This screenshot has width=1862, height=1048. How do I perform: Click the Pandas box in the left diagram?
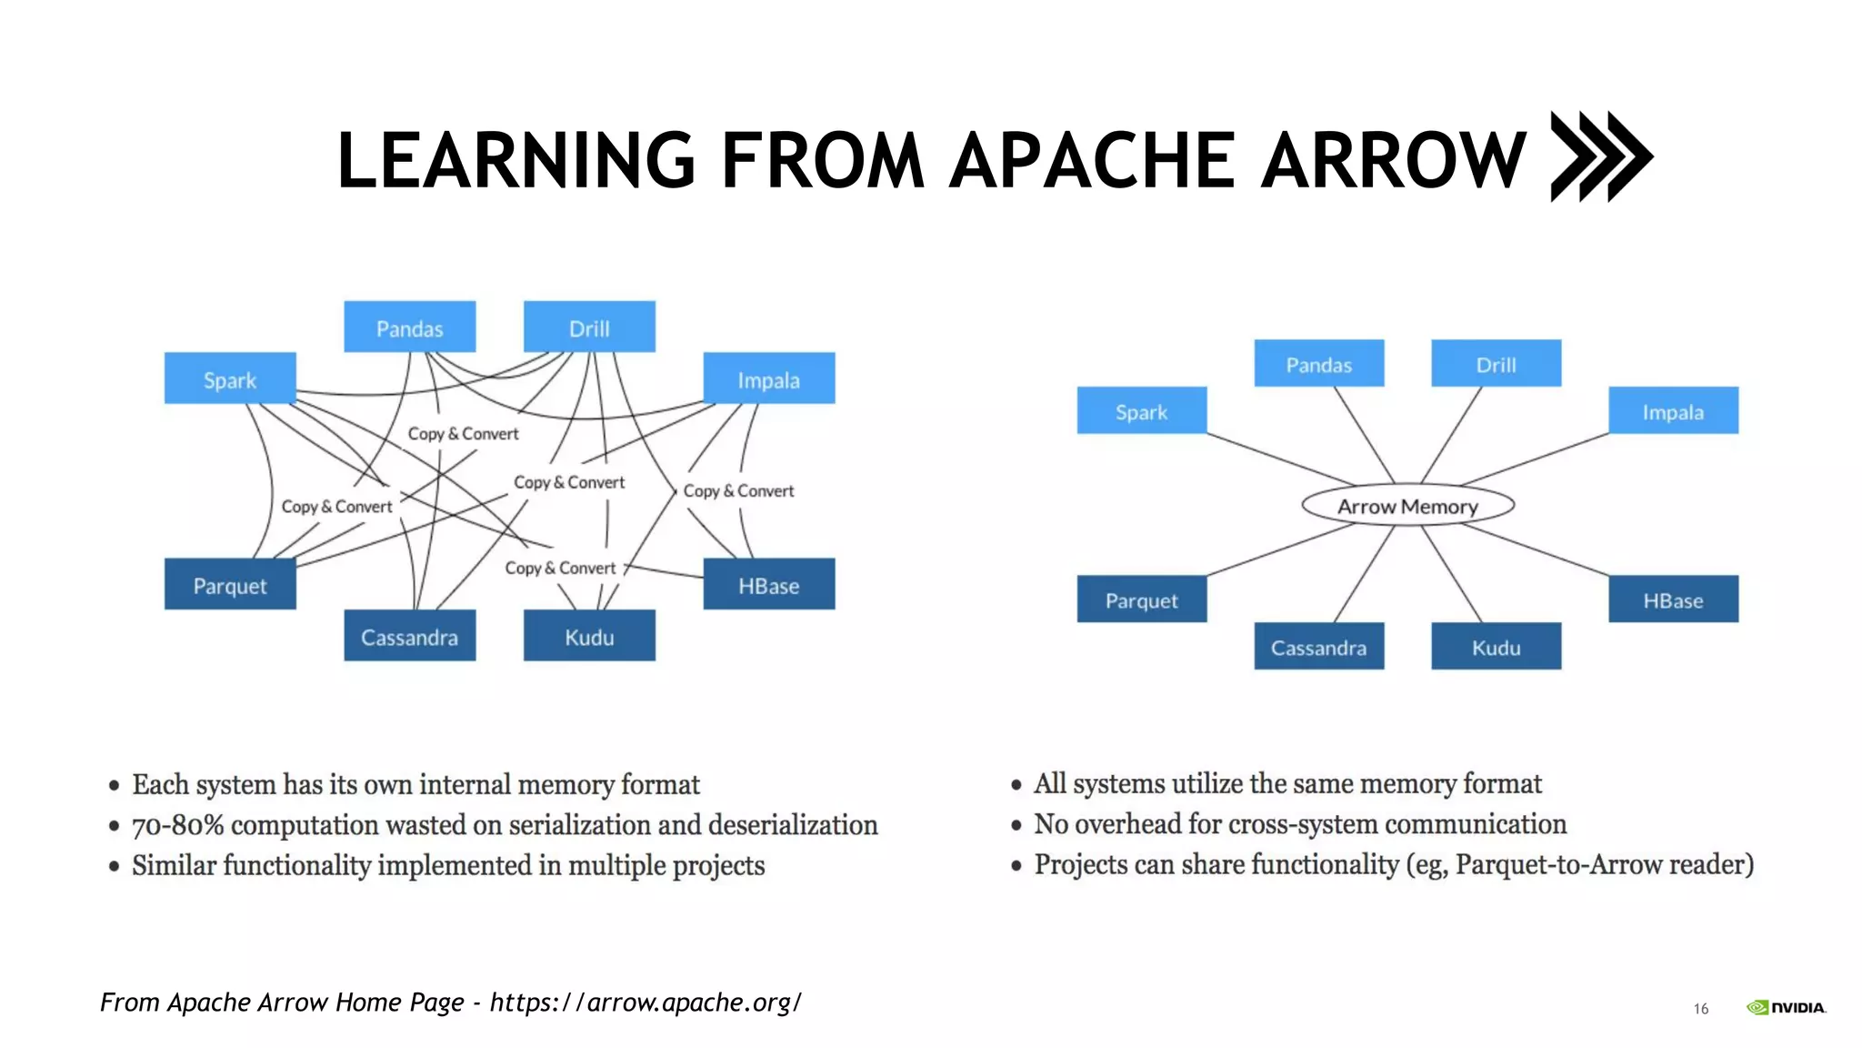409,327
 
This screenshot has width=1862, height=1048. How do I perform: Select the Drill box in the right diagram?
1496,364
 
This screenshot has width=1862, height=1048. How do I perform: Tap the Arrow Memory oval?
1407,506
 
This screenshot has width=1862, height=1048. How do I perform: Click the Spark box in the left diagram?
230,378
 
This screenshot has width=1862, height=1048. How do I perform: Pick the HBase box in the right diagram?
1673,600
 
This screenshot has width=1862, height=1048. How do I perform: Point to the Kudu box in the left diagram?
589,636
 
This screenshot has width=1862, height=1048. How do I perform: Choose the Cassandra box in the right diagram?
1318,647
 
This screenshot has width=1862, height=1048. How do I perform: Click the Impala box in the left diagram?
768,378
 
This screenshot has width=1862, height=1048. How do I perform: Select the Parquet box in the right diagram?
1141,600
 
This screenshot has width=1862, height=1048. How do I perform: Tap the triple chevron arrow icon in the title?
1600,156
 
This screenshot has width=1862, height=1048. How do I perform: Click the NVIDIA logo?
1786,1007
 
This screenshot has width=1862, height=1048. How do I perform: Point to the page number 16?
1700,1008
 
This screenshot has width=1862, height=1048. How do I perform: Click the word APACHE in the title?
1091,160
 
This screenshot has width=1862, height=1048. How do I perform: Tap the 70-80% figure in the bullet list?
178,825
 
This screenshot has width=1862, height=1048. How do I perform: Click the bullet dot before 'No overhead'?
1016,825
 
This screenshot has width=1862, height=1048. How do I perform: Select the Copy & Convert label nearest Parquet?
336,507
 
